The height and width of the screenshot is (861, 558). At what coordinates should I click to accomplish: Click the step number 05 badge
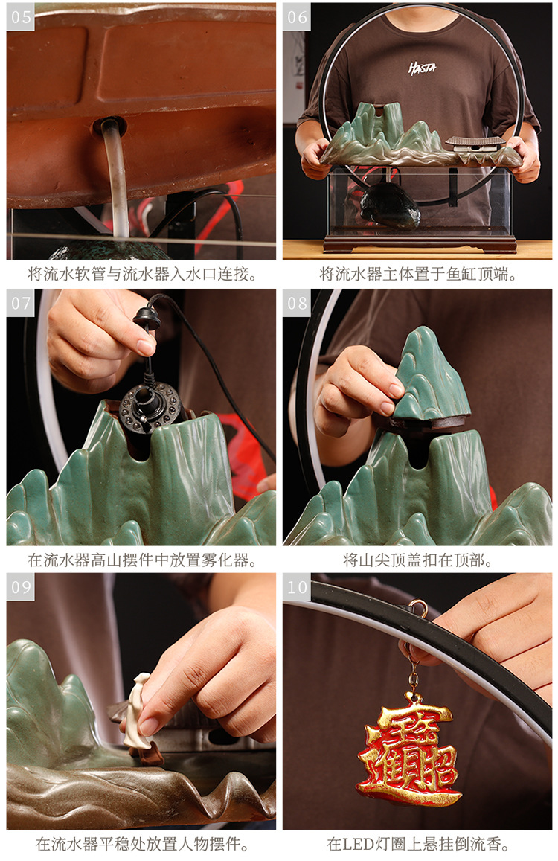click(x=20, y=16)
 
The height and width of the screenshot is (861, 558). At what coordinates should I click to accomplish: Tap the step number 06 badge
click(x=297, y=16)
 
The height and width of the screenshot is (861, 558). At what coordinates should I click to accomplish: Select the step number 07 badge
click(x=20, y=303)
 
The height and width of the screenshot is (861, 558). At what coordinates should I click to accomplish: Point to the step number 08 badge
click(x=297, y=303)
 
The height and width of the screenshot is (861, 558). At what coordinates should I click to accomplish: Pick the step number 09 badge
click(x=20, y=587)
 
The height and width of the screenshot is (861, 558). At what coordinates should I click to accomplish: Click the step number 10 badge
click(x=297, y=587)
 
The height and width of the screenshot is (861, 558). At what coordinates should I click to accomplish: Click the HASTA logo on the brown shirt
click(x=422, y=68)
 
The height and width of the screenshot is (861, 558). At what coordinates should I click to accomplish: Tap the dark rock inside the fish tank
click(x=389, y=205)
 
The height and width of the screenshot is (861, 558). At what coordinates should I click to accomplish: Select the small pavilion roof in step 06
click(x=475, y=141)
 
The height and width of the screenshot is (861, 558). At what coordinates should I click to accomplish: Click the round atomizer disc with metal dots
click(x=150, y=406)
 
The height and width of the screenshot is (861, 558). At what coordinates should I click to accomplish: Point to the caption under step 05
click(x=142, y=274)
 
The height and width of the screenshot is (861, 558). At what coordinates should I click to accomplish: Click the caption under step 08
click(x=417, y=560)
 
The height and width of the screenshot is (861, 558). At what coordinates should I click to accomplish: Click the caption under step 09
click(x=142, y=844)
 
